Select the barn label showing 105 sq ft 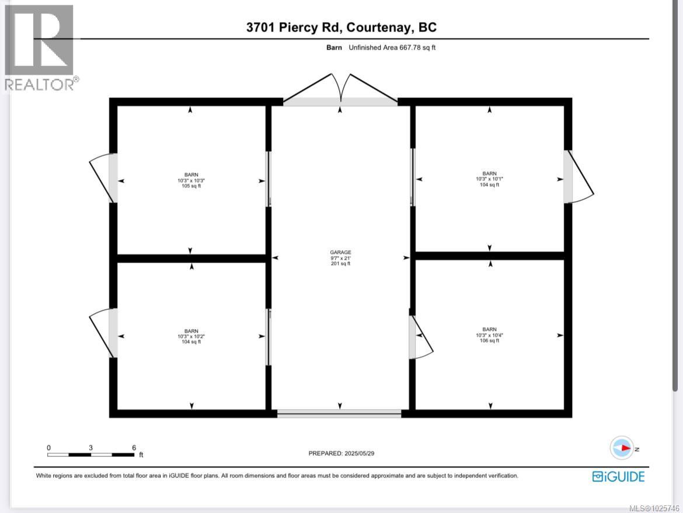click(191, 180)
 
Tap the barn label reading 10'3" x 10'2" click(191, 336)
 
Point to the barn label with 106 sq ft click(489, 335)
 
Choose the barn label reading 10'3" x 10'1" click(489, 179)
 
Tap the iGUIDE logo click(618, 476)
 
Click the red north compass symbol click(622, 448)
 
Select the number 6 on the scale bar click(134, 448)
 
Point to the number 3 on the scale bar click(90, 448)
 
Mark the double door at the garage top click(340, 90)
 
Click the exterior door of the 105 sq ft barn click(103, 178)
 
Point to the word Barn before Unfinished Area click(334, 47)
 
